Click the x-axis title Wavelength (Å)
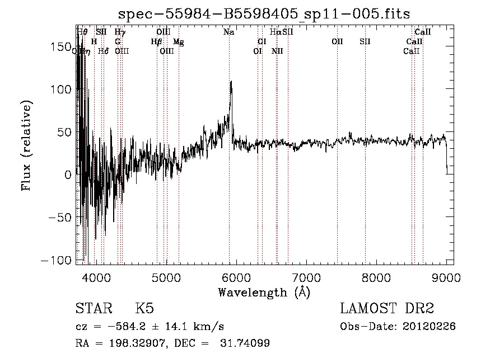click(264, 292)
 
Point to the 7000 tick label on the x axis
click(306, 277)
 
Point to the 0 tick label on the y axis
click(67, 175)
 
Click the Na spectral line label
click(228, 32)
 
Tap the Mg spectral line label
click(178, 42)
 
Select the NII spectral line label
click(277, 51)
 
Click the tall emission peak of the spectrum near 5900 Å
click(231, 83)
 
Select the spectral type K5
click(144, 309)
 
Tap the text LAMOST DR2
click(387, 309)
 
